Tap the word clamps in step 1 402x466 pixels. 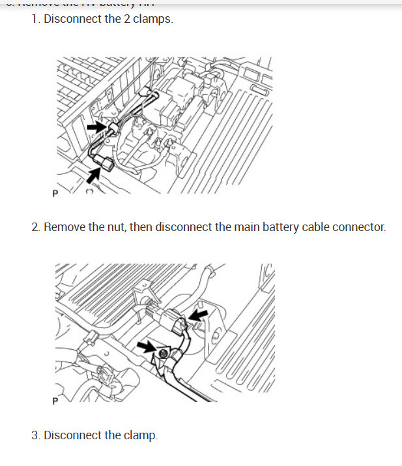click(153, 20)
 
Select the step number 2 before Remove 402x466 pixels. click(35, 228)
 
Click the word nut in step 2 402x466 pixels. click(115, 228)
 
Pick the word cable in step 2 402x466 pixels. click(306, 228)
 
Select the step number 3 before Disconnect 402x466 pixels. click(35, 435)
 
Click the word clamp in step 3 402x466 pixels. click(139, 435)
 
